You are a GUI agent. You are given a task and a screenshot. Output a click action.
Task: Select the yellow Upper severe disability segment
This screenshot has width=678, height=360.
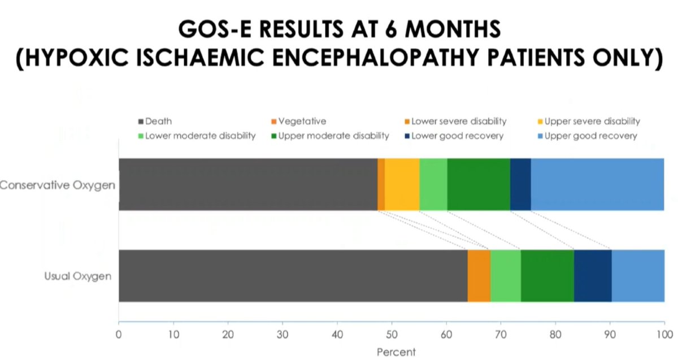click(402, 184)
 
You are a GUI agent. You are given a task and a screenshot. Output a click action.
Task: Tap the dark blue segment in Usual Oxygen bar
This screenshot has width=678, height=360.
click(592, 276)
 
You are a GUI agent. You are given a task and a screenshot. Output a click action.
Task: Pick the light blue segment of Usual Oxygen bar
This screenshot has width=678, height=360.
click(637, 276)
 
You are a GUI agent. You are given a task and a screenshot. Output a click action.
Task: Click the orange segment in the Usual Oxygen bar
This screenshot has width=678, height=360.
click(479, 276)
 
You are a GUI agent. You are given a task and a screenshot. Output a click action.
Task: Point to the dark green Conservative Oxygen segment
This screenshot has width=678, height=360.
click(478, 184)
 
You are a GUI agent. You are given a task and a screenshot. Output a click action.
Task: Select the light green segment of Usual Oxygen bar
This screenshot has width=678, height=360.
click(505, 276)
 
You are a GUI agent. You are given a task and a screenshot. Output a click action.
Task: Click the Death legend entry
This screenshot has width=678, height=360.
click(158, 121)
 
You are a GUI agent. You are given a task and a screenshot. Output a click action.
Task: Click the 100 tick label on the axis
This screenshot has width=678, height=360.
click(664, 334)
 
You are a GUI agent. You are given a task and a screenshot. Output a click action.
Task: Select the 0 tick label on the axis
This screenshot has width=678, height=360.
click(119, 334)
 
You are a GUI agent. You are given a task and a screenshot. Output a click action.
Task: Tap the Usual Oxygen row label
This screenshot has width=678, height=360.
click(77, 276)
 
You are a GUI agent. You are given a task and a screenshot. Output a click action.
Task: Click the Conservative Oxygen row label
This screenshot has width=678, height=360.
click(58, 185)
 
